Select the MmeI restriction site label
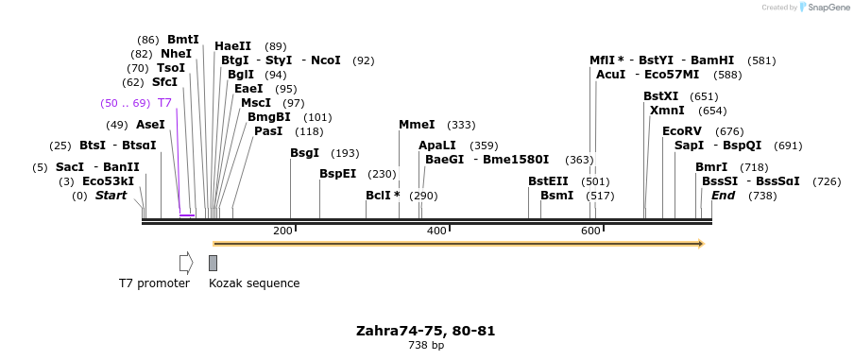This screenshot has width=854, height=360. (x=417, y=125)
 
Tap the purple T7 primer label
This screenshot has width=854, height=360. (x=164, y=103)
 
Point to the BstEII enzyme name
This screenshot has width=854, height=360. (x=548, y=181)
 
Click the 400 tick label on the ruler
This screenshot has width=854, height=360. (x=436, y=231)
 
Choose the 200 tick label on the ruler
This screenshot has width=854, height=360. (x=282, y=231)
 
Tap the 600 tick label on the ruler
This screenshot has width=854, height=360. (x=590, y=231)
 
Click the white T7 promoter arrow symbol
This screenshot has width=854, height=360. (x=186, y=262)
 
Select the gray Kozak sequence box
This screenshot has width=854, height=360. (x=213, y=263)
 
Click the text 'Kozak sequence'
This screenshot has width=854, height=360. (x=254, y=283)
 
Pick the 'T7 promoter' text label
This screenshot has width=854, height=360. (x=154, y=283)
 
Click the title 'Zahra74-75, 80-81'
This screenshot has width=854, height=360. (x=425, y=331)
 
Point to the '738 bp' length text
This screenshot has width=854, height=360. (x=425, y=346)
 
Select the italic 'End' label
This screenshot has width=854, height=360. (x=723, y=196)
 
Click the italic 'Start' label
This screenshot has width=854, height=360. (x=111, y=196)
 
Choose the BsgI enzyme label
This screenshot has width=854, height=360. (x=304, y=153)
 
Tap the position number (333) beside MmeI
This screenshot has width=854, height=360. (x=461, y=125)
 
